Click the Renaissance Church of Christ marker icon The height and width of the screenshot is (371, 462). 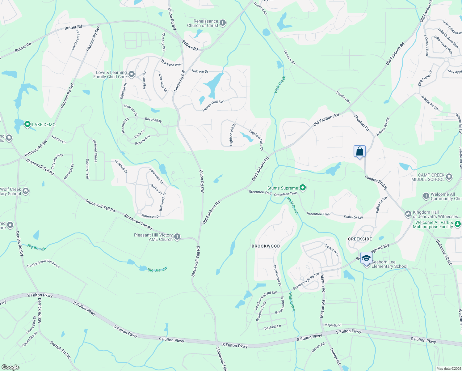click(x=223, y=23)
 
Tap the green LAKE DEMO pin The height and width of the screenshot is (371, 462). click(x=27, y=125)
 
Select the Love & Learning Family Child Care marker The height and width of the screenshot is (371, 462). click(x=132, y=74)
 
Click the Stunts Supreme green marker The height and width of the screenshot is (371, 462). click(x=303, y=188)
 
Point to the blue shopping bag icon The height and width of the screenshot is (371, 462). click(x=359, y=151)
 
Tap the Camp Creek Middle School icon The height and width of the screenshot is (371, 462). click(x=449, y=177)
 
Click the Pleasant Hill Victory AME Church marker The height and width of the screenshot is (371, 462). click(x=177, y=237)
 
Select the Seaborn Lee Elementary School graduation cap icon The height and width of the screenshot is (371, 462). click(x=366, y=258)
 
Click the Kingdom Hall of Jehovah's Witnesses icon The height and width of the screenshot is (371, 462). click(x=408, y=214)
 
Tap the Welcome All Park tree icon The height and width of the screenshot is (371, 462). click(x=458, y=224)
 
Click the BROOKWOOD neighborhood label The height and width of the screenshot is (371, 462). click(x=266, y=246)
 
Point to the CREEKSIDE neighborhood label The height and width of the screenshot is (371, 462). click(x=360, y=239)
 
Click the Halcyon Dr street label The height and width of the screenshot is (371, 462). click(x=200, y=71)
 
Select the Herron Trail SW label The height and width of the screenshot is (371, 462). click(x=213, y=105)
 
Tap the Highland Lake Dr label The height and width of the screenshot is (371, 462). click(x=256, y=140)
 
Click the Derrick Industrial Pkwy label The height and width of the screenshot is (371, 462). click(x=43, y=263)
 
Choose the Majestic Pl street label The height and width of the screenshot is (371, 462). click(x=333, y=325)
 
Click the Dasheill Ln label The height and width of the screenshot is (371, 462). click(x=273, y=327)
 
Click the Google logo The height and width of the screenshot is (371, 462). click(x=10, y=367)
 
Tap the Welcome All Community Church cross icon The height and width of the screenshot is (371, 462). click(x=426, y=196)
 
